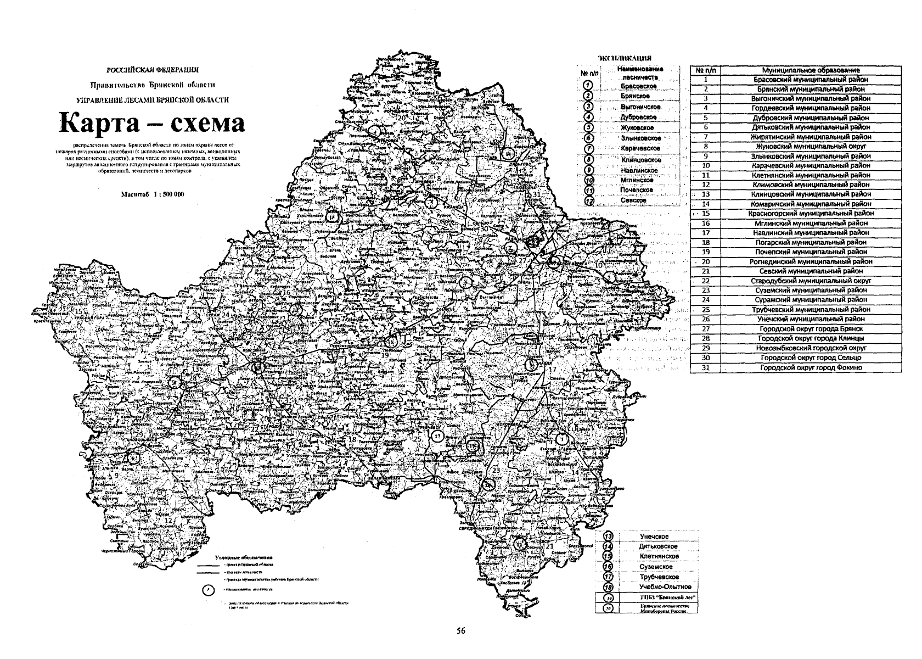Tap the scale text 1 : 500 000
point(162,195)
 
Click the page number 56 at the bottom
point(461,631)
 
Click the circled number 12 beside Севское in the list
point(589,201)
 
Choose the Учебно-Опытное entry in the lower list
point(657,587)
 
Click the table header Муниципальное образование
point(811,70)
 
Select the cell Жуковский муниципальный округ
point(811,147)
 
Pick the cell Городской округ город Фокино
point(811,367)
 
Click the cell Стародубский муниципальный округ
point(811,281)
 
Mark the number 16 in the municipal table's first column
point(706,224)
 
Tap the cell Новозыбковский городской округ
point(811,348)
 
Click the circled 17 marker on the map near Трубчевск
point(437,437)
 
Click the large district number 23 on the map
point(496,471)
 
